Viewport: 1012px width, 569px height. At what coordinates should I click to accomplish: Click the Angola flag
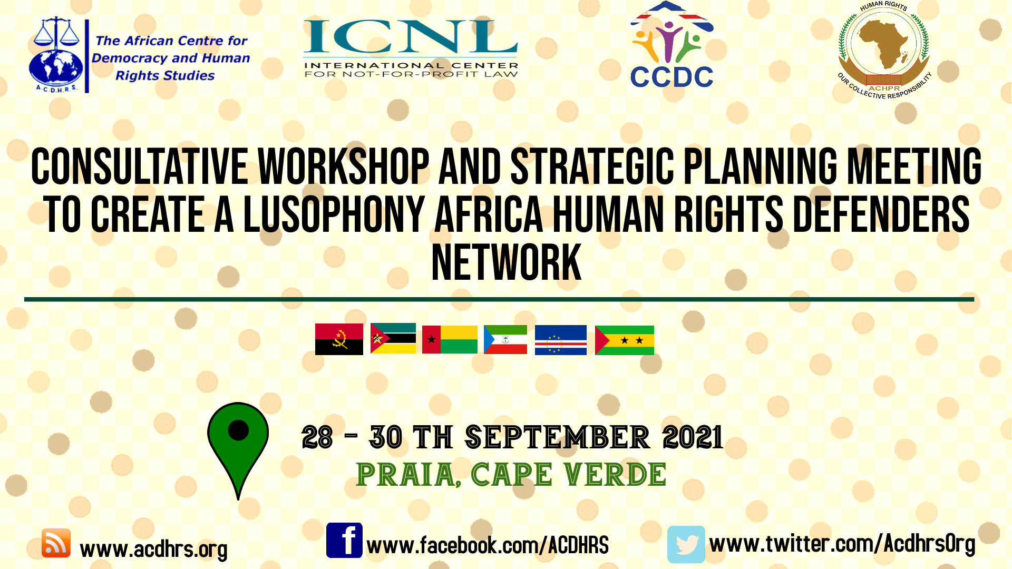point(339,339)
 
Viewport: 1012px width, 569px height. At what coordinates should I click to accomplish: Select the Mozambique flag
point(393,338)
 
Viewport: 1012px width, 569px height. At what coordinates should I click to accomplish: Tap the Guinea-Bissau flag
point(450,339)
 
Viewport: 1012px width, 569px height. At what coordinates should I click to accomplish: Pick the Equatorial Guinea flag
point(505,339)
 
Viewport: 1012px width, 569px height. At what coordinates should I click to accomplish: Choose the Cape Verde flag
point(561,340)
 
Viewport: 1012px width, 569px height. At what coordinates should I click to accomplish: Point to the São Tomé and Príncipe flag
point(625,340)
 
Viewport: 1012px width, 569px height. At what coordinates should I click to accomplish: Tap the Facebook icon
point(344,540)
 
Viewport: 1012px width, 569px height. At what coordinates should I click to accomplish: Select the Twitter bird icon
point(686,544)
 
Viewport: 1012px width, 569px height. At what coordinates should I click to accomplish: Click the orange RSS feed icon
point(56,543)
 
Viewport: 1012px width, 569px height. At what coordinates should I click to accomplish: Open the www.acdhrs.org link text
point(153,549)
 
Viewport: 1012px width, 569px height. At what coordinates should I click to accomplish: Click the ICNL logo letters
point(411,36)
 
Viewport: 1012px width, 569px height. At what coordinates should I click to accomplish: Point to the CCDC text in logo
point(672,77)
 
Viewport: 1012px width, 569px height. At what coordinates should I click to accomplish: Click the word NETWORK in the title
point(506,262)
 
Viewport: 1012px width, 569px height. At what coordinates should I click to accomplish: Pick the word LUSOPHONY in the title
point(334,214)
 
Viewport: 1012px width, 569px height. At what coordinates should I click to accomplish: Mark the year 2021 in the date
point(693,437)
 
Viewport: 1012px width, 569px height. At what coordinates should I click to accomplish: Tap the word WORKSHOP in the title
point(343,166)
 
